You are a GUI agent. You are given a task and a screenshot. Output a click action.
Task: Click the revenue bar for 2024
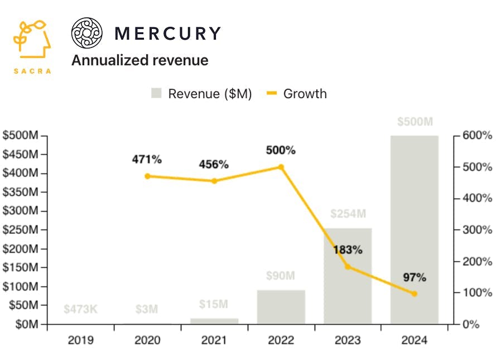pyautogui.click(x=414, y=229)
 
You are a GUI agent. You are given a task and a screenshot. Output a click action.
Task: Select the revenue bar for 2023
pyautogui.click(x=348, y=276)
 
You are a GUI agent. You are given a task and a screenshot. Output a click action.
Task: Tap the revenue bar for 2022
pyautogui.click(x=281, y=306)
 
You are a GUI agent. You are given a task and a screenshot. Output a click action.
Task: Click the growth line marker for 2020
pyautogui.click(x=147, y=176)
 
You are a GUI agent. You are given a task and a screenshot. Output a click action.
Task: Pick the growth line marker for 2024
pyautogui.click(x=414, y=294)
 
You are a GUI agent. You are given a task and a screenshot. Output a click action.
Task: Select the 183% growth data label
pyautogui.click(x=348, y=249)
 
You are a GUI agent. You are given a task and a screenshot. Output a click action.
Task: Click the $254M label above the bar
pyautogui.click(x=348, y=214)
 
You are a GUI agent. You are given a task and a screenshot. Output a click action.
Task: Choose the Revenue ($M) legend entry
pyautogui.click(x=201, y=94)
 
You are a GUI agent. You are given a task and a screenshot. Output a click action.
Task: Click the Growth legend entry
pyautogui.click(x=297, y=94)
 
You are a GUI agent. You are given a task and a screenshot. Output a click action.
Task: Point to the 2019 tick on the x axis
pyautogui.click(x=81, y=340)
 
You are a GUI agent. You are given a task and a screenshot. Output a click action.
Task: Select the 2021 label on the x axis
pyautogui.click(x=214, y=340)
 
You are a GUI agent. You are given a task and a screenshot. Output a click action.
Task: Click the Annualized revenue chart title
pyautogui.click(x=139, y=60)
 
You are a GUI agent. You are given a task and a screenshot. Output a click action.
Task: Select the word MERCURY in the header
pyautogui.click(x=167, y=33)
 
